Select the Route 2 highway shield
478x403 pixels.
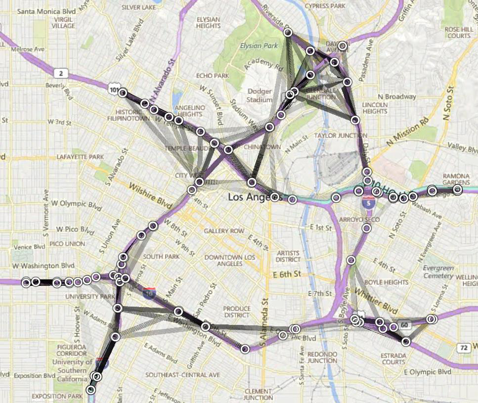pyautogui.click(x=60, y=74)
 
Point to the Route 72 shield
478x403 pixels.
pyautogui.click(x=464, y=348)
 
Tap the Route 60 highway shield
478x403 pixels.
pyautogui.click(x=405, y=325)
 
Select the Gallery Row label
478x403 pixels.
pyautogui.click(x=224, y=231)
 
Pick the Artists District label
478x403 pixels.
pyautogui.click(x=288, y=256)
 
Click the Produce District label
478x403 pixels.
pyautogui.click(x=237, y=312)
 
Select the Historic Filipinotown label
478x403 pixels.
pyautogui.click(x=129, y=115)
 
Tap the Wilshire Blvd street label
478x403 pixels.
pyautogui.click(x=147, y=196)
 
